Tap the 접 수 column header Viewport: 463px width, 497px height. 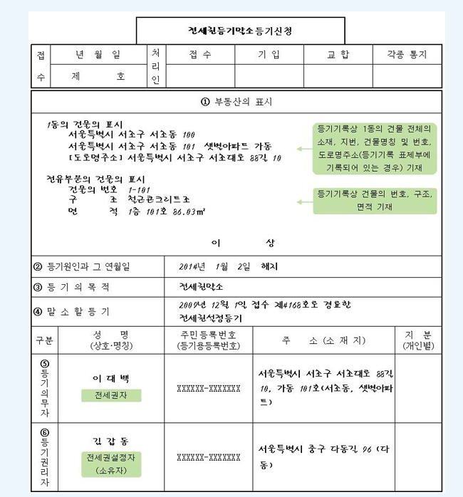pos(200,54)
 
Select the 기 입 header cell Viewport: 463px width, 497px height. pos(269,54)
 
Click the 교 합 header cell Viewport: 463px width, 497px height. pos(338,54)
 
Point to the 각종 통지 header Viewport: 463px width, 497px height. pos(407,54)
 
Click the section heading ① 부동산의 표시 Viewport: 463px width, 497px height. pos(236,102)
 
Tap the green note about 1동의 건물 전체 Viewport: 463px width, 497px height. pos(375,149)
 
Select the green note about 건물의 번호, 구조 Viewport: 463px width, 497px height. pos(375,200)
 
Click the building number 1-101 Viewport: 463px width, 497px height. pos(139,190)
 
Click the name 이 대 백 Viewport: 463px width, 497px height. pos(110,378)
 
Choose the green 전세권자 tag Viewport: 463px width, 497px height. pos(111,395)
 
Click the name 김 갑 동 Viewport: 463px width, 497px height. pos(110,441)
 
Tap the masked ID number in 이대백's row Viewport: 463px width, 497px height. pos(208,389)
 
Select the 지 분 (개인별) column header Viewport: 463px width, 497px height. pos(417,340)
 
